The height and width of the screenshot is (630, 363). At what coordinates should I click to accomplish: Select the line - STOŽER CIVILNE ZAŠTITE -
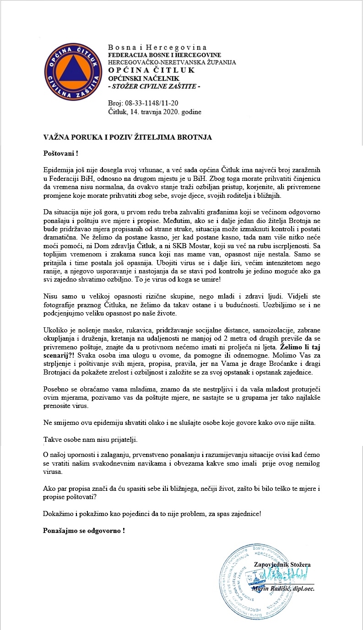point(153,86)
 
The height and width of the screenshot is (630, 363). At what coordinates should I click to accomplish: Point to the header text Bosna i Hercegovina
point(157,48)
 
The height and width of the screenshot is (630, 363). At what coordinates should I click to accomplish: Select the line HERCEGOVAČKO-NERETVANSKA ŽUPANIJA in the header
point(172,62)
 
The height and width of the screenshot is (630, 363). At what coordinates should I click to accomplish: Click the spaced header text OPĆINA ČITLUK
point(152,70)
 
